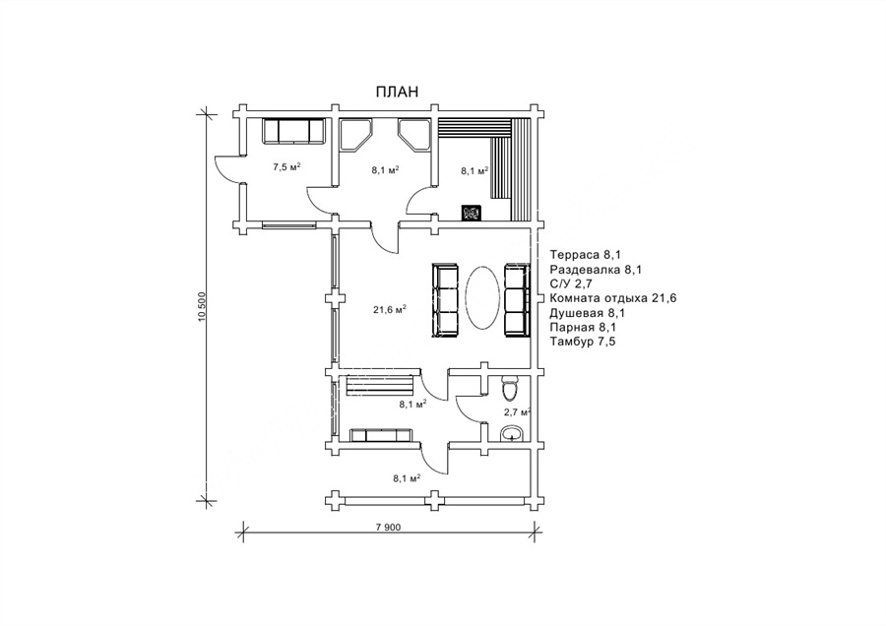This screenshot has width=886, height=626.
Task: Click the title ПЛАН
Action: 398,92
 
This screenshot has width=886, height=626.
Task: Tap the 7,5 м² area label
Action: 286,166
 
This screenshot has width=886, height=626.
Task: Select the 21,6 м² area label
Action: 390,309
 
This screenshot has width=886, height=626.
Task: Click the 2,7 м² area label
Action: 517,411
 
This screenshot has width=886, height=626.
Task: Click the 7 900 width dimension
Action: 388,528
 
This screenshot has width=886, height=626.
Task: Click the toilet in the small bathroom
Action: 509,388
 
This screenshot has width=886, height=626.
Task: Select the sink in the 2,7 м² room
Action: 513,433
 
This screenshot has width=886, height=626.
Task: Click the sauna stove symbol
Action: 472,213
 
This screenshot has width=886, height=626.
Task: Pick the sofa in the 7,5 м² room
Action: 293,131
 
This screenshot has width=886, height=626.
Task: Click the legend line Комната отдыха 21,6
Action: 613,298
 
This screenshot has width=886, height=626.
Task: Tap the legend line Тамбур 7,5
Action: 583,342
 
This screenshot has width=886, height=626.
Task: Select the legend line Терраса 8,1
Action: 588,255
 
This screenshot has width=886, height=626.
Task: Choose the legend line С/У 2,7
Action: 571,283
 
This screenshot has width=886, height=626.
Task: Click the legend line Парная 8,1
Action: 583,327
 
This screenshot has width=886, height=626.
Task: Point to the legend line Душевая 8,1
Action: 588,312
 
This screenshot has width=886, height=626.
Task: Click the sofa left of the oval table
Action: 445,300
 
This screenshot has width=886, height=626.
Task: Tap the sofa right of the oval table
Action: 517,300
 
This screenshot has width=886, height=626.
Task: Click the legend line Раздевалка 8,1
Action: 596,270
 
